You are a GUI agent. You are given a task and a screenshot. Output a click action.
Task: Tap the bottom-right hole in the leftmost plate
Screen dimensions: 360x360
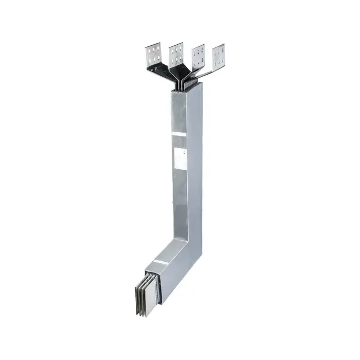pos(158,57)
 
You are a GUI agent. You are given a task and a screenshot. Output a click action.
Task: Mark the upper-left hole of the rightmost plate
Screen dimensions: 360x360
pos(216,49)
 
